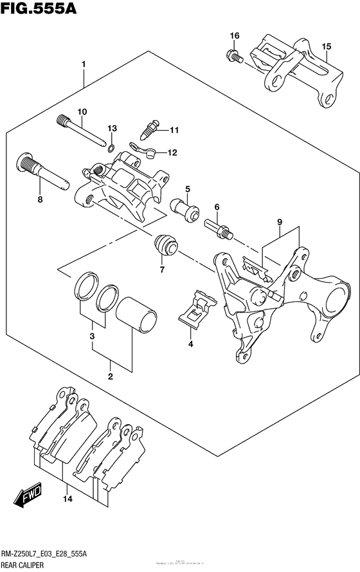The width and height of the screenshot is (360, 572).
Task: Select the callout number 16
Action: (235, 35)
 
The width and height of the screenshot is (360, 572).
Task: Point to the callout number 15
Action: (327, 46)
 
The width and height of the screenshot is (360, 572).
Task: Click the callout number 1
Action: (84, 65)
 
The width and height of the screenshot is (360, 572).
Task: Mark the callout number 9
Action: (280, 223)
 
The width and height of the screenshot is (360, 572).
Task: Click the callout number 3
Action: (92, 337)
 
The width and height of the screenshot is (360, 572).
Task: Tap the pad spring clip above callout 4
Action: (196, 307)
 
